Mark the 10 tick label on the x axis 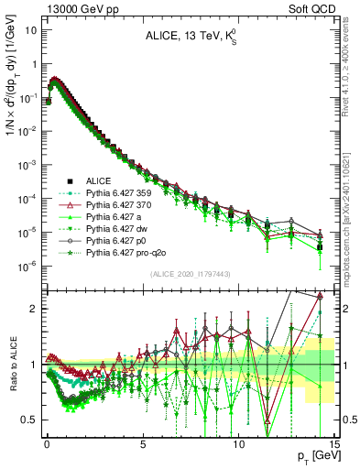(239, 441)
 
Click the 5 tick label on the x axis (143, 441)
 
